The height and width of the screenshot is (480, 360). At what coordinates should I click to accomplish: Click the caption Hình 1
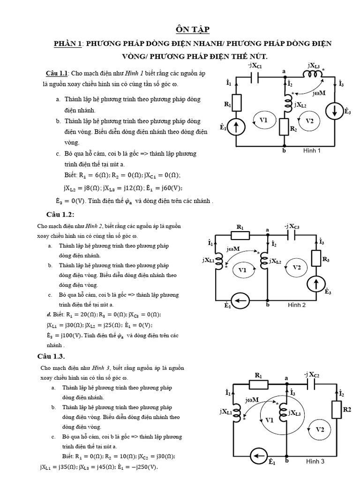click(x=312, y=150)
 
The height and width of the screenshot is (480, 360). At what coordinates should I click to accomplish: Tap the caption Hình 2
click(x=296, y=305)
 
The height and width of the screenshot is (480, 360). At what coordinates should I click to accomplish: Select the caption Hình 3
click(x=315, y=461)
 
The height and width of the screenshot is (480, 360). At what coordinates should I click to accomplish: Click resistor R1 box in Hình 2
click(x=240, y=235)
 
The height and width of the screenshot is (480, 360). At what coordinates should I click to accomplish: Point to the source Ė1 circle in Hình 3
click(x=256, y=455)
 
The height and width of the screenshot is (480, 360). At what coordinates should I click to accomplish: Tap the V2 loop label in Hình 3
click(x=320, y=429)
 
